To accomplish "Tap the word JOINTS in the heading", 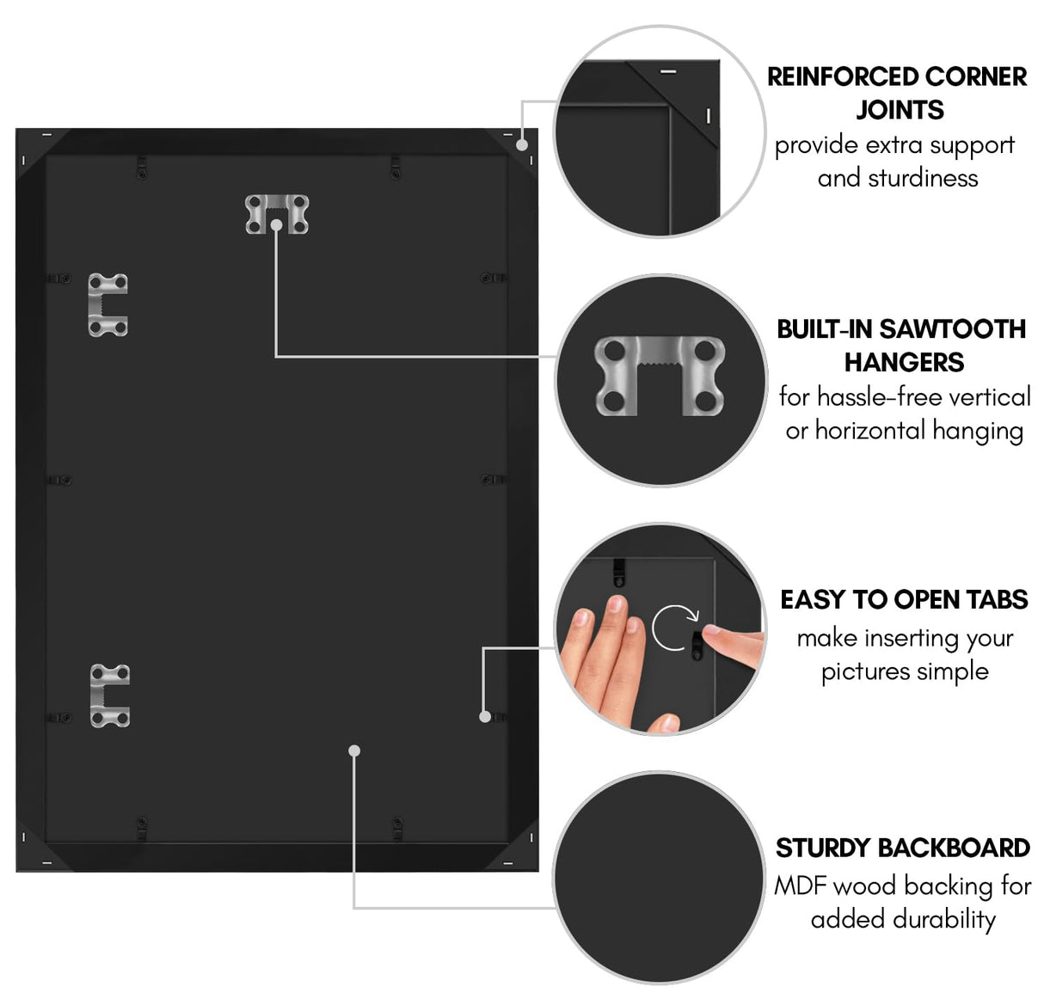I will click(900, 110).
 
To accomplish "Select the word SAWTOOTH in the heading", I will click(953, 329).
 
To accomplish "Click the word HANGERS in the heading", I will click(904, 363).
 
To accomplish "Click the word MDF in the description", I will click(800, 886).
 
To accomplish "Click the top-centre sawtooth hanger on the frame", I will click(277, 214).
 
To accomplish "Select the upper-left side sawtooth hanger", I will click(108, 304).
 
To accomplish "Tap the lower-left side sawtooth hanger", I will click(110, 695).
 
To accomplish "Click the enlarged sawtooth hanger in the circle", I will click(660, 376).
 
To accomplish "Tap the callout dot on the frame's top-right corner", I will click(522, 144).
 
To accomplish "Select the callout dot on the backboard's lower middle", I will click(354, 751).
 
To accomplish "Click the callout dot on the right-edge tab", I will click(485, 715).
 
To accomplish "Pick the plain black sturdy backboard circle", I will click(659, 877).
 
